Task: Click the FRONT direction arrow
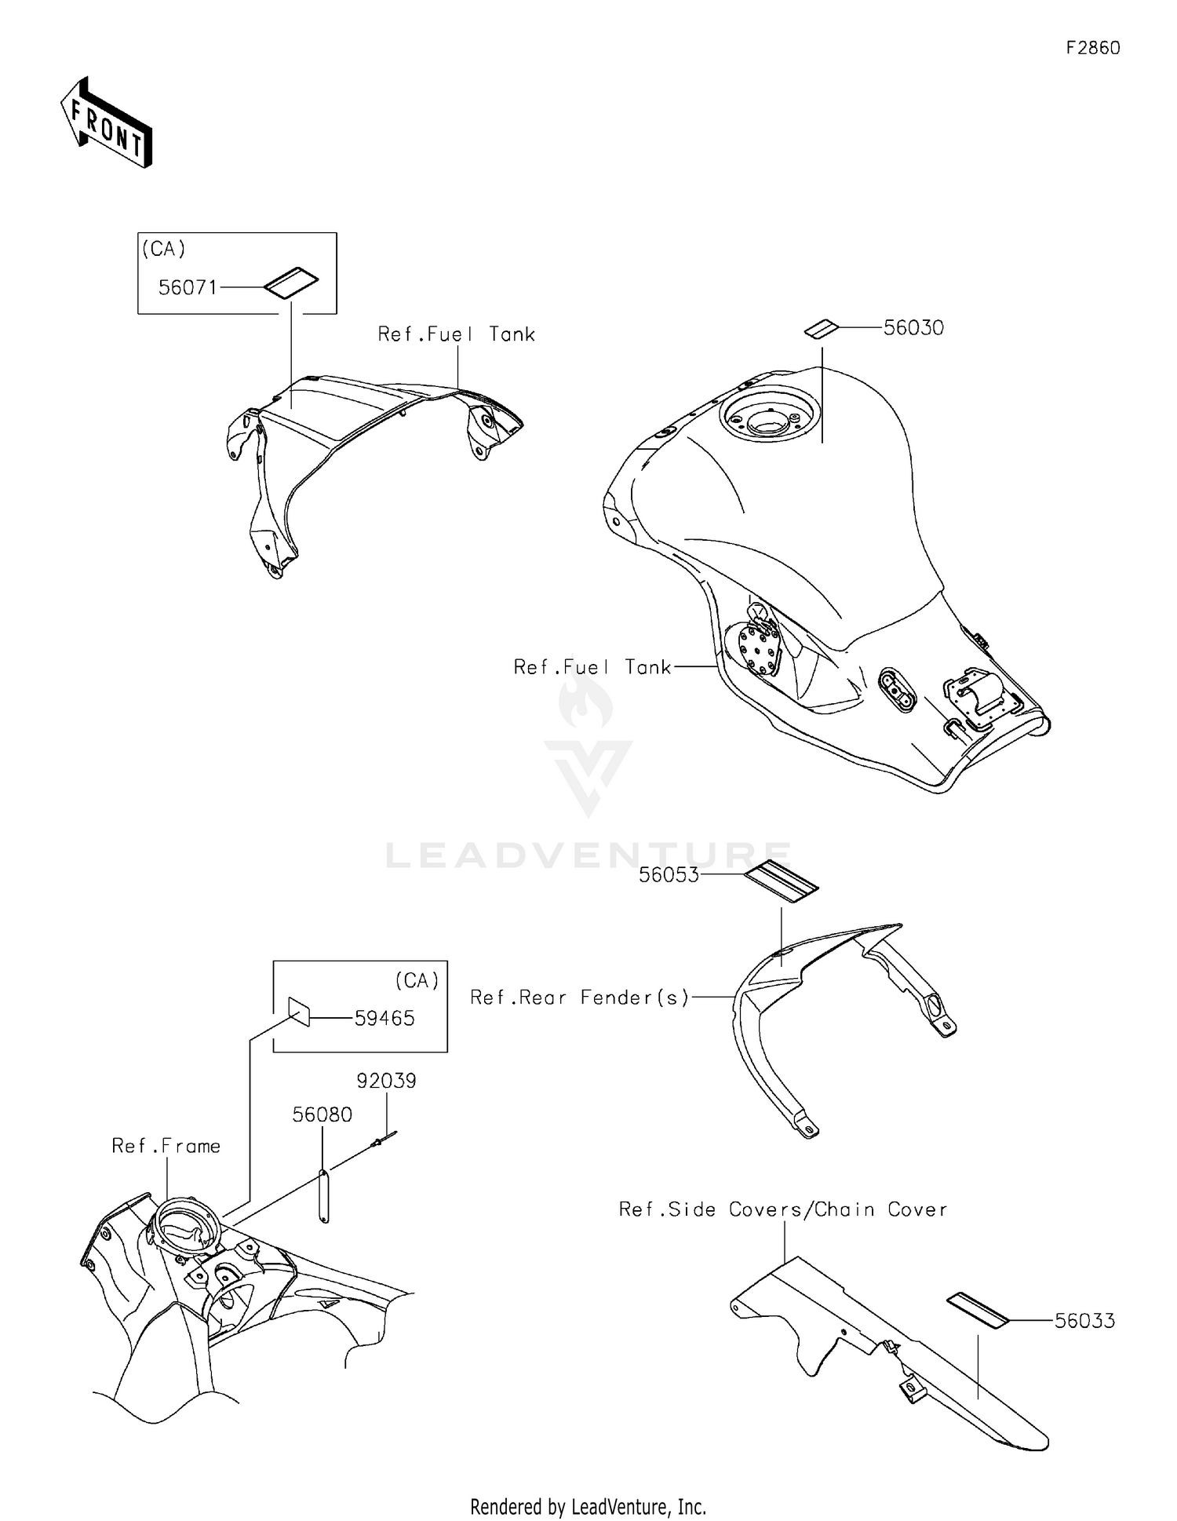pyautogui.click(x=106, y=123)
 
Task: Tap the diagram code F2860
pyautogui.click(x=1092, y=48)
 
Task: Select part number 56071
pyautogui.click(x=188, y=287)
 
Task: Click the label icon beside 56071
pyautogui.click(x=290, y=283)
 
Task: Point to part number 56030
pyautogui.click(x=913, y=327)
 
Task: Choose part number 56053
pyautogui.click(x=669, y=875)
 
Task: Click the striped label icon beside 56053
pyautogui.click(x=781, y=881)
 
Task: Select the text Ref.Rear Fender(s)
pyautogui.click(x=579, y=997)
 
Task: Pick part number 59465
pyautogui.click(x=384, y=1018)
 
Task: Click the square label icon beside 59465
pyautogui.click(x=299, y=1012)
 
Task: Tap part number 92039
pyautogui.click(x=386, y=1081)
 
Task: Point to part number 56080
pyautogui.click(x=322, y=1114)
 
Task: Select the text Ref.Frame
pyautogui.click(x=166, y=1146)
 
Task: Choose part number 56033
pyautogui.click(x=1084, y=1321)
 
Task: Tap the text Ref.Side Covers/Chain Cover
pyautogui.click(x=782, y=1209)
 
